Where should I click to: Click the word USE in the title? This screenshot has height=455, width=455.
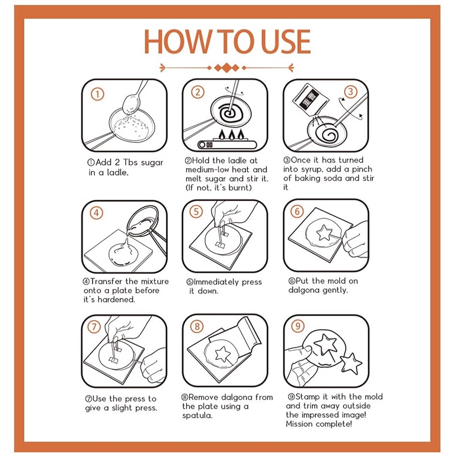pyautogui.click(x=286, y=41)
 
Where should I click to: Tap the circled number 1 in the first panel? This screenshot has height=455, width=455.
pyautogui.click(x=98, y=94)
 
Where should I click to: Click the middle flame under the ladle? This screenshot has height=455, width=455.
pyautogui.click(x=231, y=134)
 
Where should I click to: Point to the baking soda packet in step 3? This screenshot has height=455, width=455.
pyautogui.click(x=310, y=99)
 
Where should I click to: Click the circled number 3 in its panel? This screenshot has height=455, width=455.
pyautogui.click(x=351, y=92)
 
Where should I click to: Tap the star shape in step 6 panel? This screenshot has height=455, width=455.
pyautogui.click(x=324, y=233)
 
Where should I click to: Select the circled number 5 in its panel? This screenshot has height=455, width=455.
pyautogui.click(x=196, y=211)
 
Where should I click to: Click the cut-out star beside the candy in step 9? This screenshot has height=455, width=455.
pyautogui.click(x=351, y=364)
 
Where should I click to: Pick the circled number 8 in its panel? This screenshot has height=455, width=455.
pyautogui.click(x=197, y=326)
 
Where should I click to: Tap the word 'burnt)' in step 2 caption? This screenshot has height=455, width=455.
pyautogui.click(x=240, y=188)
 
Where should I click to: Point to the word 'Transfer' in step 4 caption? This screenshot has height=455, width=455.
pyautogui.click(x=106, y=281)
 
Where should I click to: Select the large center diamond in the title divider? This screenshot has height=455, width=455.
pyautogui.click(x=227, y=68)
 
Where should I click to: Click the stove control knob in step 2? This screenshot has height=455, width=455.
pyautogui.click(x=202, y=144)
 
